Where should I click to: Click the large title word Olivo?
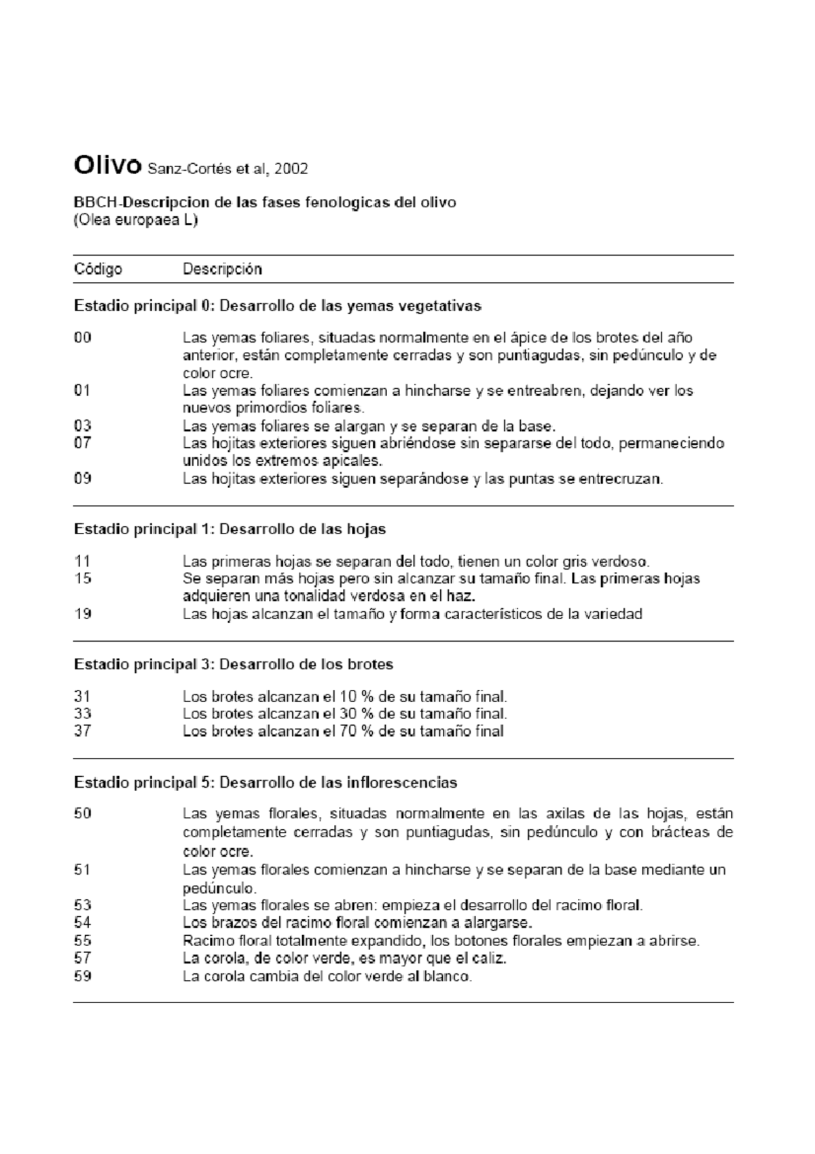[x=107, y=165]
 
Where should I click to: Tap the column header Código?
[x=98, y=269]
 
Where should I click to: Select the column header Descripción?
[x=222, y=269]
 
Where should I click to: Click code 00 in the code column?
[x=82, y=338]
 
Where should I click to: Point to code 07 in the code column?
[x=82, y=443]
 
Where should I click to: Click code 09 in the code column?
[x=82, y=478]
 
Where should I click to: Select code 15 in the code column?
[x=82, y=578]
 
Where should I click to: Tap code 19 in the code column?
[x=82, y=614]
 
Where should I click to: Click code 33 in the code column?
[x=82, y=714]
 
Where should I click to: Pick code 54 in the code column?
[x=82, y=922]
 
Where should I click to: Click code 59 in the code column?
[x=82, y=977]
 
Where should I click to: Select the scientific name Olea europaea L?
[x=135, y=221]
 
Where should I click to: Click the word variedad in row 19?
[x=614, y=614]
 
